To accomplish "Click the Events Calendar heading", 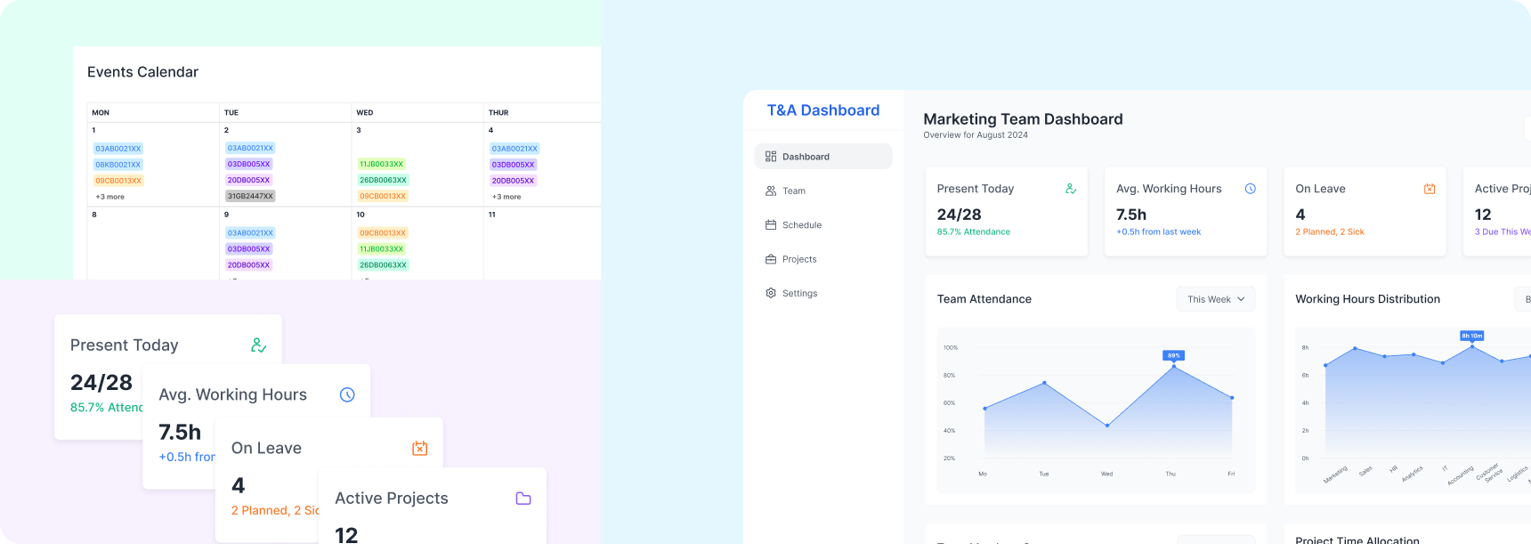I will [142, 72].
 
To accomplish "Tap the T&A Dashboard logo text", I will [823, 110].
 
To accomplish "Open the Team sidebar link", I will [793, 191].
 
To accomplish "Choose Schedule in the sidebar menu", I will [801, 225].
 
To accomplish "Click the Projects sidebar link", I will [798, 259].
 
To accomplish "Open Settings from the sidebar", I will [799, 293].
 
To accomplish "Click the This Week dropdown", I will [1215, 299].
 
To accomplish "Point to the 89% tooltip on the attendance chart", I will [1173, 355].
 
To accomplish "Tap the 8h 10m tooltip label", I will [1471, 336].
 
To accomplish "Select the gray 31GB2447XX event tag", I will [250, 196].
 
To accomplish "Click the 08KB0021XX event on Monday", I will [118, 165].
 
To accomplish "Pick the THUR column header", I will [498, 113].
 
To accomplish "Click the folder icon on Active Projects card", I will [523, 499].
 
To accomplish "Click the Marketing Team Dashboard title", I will [1023, 119].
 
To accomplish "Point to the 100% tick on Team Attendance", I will [951, 347].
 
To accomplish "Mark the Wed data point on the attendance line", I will [1107, 426].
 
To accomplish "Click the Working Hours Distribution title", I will [1367, 299].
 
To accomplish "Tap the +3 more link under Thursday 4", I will [506, 197].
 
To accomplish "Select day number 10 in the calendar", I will [360, 215].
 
